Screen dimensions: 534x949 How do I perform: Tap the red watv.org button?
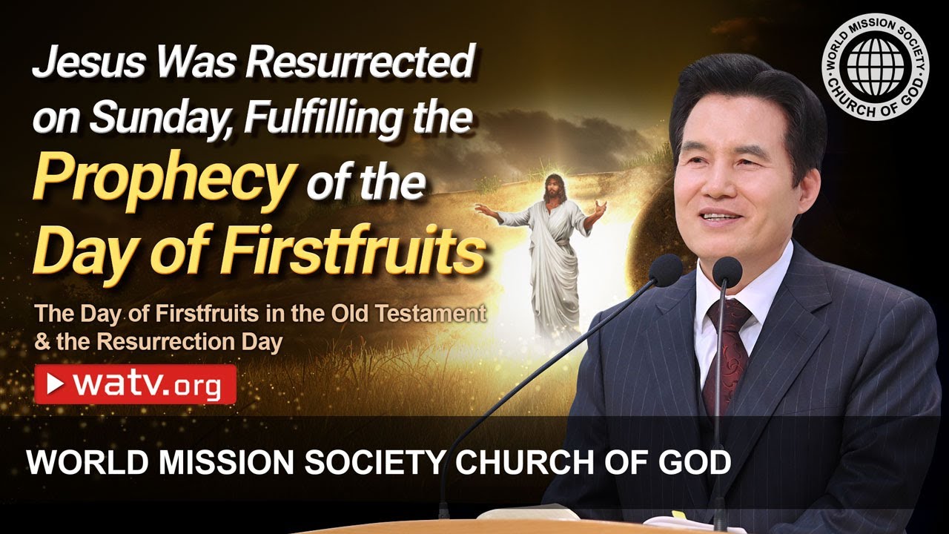[135, 383]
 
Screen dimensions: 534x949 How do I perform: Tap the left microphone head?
[665, 270]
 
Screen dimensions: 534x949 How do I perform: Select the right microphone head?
[727, 272]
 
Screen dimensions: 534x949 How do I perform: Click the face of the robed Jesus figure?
[554, 188]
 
